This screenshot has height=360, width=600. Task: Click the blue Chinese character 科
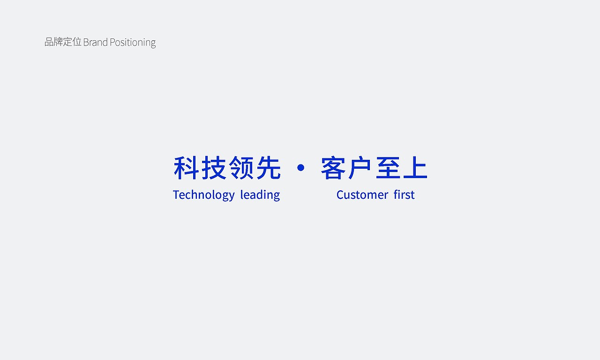187,168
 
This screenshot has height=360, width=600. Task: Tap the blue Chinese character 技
214,168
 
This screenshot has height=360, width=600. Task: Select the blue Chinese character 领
241,168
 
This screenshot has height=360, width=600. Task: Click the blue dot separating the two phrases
301,167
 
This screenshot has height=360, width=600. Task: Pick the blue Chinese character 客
333,168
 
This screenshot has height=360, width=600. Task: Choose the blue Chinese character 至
388,168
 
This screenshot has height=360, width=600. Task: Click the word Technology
203,195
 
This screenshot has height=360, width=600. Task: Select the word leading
260,195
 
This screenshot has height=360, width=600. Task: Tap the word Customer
362,195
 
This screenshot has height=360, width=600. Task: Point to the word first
404,195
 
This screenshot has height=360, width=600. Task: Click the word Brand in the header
95,42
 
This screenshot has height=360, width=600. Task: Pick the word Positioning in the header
133,43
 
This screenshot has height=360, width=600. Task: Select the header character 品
49,42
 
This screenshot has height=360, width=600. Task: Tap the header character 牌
59,42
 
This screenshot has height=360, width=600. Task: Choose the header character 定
68,42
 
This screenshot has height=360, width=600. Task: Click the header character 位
77,42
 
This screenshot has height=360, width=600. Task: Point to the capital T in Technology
176,195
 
